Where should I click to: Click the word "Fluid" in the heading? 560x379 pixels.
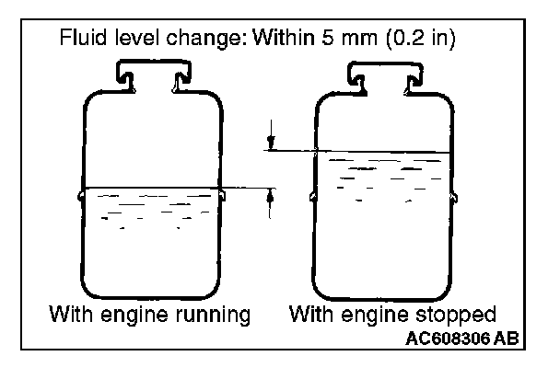80,40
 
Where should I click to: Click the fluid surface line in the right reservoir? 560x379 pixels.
382,152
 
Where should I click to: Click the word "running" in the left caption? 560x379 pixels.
211,315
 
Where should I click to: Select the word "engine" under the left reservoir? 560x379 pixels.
138,316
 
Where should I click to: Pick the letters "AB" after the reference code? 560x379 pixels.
506,338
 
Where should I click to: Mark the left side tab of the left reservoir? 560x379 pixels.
80,195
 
